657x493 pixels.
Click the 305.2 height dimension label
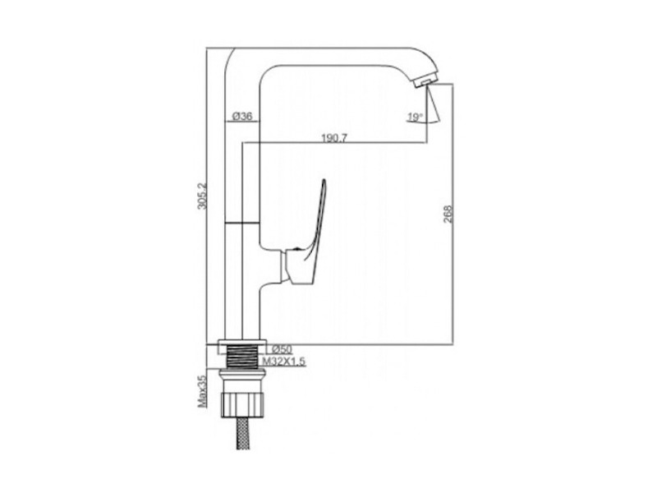click(202, 196)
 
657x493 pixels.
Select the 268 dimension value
click(448, 214)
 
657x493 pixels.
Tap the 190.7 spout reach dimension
click(334, 138)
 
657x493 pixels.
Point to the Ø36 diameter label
click(242, 116)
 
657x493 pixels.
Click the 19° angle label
click(415, 117)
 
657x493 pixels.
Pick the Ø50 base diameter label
click(282, 348)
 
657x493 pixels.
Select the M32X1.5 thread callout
click(284, 361)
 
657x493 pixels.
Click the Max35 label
click(203, 391)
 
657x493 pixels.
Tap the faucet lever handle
click(315, 222)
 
